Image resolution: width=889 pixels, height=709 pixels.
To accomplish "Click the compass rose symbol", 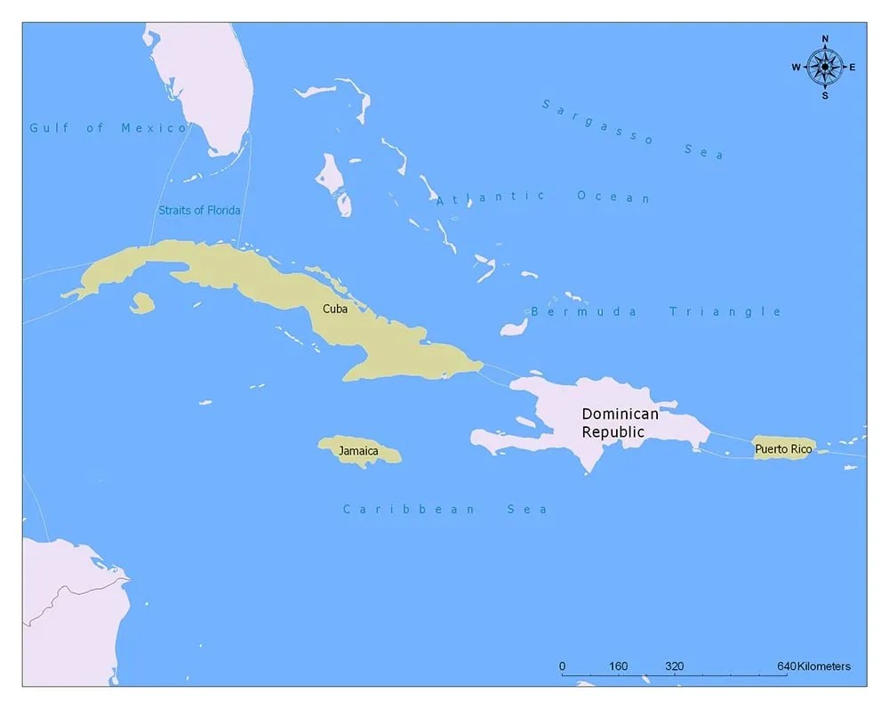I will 825,67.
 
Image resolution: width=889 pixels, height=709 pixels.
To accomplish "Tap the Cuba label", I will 335,309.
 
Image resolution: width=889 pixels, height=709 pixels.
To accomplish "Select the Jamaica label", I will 357,451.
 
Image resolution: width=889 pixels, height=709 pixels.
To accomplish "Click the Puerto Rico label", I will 782,449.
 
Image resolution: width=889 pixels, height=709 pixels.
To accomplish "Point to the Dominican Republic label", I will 620,423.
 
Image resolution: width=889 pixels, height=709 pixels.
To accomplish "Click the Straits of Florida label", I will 199,210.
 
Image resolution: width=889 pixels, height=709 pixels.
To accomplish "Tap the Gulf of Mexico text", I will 108,127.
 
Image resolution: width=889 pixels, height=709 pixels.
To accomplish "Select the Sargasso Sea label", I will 632,129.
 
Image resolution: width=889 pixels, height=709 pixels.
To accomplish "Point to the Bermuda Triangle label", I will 656,311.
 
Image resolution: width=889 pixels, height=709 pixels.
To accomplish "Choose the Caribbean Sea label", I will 444,509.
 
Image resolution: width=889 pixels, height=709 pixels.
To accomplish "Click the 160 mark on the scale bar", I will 618,666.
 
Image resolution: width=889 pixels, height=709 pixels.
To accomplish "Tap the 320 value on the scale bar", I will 674,666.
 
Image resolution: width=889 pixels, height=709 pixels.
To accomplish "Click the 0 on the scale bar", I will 562,666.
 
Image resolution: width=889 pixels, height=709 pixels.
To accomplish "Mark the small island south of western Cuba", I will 141,303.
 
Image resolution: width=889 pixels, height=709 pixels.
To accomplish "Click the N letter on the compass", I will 825,39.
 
